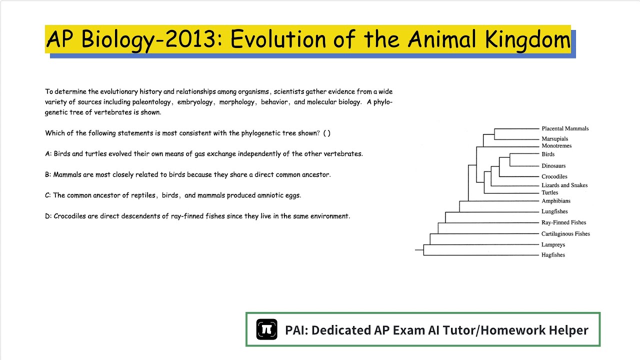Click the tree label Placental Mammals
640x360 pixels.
click(565, 128)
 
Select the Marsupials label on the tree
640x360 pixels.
click(554, 139)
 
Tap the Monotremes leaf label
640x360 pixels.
click(556, 146)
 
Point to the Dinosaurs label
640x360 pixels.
click(553, 166)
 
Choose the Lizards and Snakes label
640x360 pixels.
click(564, 185)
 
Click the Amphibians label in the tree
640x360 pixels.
click(555, 201)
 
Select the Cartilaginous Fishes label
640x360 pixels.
click(565, 234)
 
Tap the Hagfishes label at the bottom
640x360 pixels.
click(553, 255)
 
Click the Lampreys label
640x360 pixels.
click(553, 245)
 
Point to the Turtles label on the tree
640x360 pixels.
click(549, 193)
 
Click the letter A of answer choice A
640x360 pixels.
click(47, 154)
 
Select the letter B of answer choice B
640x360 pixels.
click(47, 175)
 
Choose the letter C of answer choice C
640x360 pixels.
click(47, 195)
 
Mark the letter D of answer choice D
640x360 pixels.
click(47, 216)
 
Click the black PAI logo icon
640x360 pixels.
click(266, 329)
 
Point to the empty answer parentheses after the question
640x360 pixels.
click(326, 133)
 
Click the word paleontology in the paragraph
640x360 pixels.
click(151, 102)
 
